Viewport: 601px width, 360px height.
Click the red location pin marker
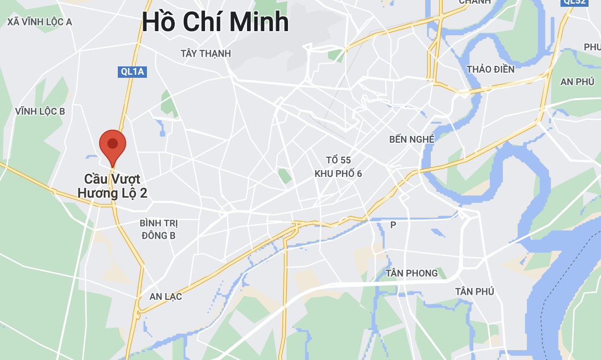113,146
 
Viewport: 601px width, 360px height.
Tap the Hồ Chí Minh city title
215,23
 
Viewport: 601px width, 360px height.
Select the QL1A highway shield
132,72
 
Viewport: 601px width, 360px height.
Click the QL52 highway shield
574,2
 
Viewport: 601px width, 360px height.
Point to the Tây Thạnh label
206,53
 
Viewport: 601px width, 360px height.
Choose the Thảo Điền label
490,69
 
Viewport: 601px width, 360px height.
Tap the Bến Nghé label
411,139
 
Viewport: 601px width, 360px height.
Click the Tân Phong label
412,273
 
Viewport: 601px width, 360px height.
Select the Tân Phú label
474,292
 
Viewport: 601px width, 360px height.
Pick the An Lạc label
166,297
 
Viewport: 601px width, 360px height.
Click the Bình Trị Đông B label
158,229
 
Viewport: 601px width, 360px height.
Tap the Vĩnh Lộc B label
40,111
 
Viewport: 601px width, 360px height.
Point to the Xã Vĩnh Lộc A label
39,22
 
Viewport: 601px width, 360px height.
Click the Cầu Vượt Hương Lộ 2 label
113,186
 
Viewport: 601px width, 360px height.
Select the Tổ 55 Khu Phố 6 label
338,167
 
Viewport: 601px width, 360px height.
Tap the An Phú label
577,81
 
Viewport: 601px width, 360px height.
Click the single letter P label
393,225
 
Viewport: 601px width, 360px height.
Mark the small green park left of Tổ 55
284,176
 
